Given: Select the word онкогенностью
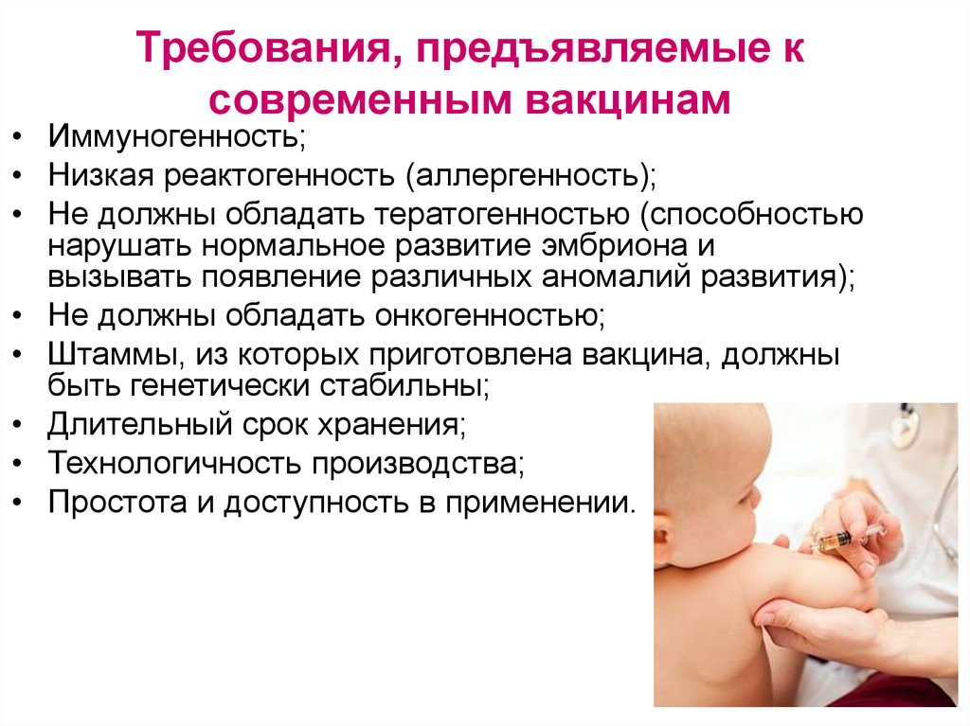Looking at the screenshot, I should tap(486, 314).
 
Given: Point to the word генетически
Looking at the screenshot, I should tap(209, 386).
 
